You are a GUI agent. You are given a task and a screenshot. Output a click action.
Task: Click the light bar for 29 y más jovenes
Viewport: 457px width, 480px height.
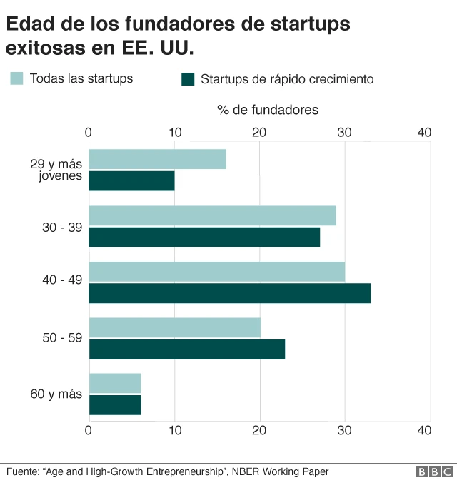point(157,159)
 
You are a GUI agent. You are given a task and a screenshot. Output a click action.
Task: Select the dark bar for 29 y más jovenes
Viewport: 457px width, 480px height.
point(131,181)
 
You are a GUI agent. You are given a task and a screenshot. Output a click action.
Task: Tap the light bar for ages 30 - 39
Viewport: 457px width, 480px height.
point(212,215)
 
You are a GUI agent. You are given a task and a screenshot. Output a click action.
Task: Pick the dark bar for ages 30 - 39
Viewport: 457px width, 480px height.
point(204,238)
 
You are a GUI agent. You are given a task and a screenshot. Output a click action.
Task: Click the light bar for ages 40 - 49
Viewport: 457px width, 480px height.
point(216,272)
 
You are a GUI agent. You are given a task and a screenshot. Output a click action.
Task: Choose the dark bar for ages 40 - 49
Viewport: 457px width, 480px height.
point(229,293)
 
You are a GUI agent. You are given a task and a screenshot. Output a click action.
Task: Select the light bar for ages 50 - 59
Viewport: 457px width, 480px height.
point(174,327)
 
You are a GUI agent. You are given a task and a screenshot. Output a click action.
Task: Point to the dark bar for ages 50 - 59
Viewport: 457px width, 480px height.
point(186,349)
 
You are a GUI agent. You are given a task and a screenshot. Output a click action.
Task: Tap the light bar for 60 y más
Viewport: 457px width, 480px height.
point(114,383)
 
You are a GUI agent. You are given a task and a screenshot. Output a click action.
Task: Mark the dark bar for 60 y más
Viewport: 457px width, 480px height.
point(114,405)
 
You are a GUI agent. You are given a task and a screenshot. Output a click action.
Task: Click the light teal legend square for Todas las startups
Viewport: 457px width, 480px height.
point(16,78)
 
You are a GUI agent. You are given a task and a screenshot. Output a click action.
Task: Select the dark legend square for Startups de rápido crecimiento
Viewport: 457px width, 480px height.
point(189,78)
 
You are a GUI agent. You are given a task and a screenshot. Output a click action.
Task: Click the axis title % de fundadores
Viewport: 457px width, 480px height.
point(268,110)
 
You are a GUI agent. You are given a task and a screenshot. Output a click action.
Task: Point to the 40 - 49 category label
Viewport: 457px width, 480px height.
point(62,281)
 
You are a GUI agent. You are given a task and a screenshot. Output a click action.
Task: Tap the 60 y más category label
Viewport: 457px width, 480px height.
point(56,394)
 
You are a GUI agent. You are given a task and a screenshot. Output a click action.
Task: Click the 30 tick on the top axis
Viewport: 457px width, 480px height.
point(345,132)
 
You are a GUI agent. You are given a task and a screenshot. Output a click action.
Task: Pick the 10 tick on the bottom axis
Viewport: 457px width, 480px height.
point(174,430)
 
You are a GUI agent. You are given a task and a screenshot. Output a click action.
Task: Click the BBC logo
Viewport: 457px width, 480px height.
point(434,471)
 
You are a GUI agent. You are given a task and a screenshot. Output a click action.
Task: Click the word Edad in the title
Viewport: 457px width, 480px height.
point(29,24)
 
